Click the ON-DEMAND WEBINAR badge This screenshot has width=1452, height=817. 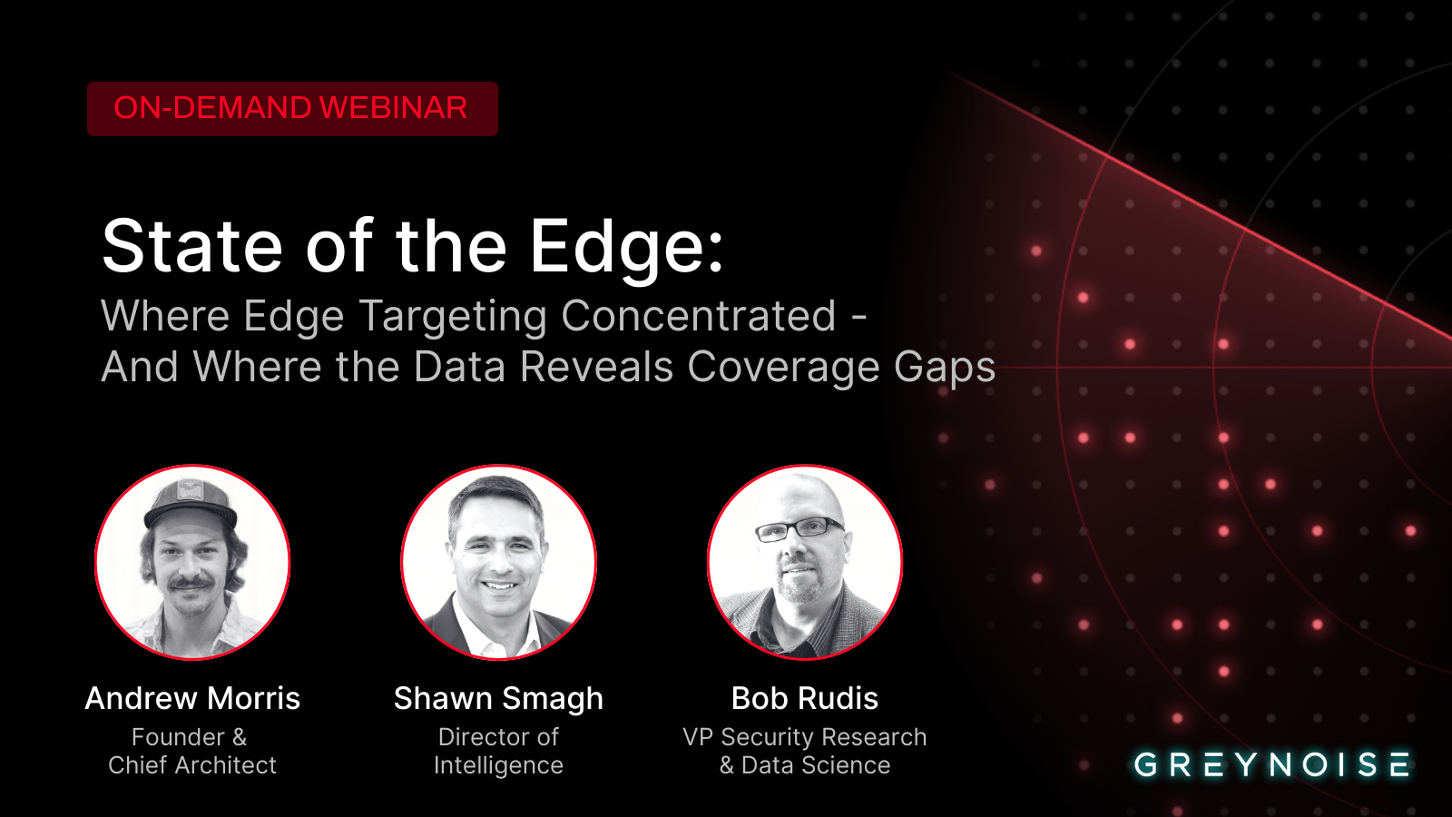pos(292,109)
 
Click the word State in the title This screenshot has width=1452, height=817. pos(191,246)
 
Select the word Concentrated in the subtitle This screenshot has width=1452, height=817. pos(698,316)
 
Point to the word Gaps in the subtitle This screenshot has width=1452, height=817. pos(945,369)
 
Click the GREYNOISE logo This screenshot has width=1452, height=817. pos(1271,765)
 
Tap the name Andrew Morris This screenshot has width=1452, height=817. pos(192,698)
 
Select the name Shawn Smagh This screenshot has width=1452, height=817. pos(498,699)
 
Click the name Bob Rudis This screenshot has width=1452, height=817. pos(804,698)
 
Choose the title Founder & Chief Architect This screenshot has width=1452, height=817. pos(192,751)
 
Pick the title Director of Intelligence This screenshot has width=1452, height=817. pos(498,751)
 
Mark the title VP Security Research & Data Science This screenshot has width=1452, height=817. pos(804,751)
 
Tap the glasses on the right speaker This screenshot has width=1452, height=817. pos(800,529)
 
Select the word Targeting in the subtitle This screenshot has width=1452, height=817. pos(453,317)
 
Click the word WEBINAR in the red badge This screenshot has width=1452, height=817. pos(394,108)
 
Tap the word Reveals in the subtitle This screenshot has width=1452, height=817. pos(596,367)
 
